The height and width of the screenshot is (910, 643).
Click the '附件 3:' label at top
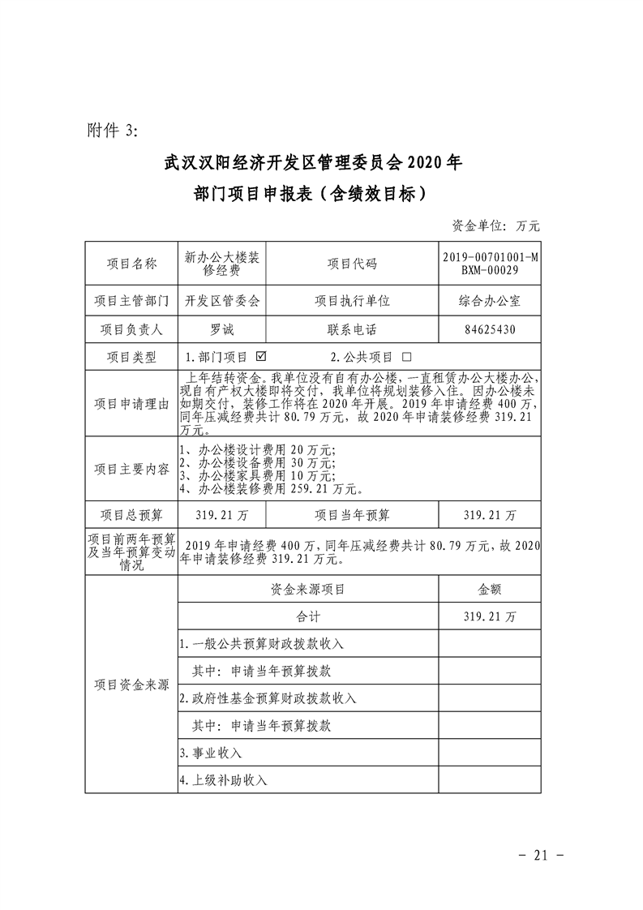tap(113, 131)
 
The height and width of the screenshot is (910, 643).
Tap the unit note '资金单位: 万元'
tap(495, 225)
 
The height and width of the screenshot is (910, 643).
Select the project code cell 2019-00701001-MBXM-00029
tap(489, 264)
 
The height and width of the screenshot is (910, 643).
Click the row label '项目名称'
tap(131, 264)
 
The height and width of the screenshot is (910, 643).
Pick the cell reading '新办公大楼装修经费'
tap(222, 264)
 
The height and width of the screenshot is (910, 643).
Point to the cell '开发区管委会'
tap(222, 301)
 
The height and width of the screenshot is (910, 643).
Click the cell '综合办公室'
tap(489, 301)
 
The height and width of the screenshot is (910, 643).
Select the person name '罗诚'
tap(222, 329)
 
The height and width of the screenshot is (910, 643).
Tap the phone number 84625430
tap(489, 329)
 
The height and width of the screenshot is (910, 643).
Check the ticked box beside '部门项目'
tap(261, 356)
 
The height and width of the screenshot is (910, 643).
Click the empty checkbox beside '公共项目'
tap(406, 356)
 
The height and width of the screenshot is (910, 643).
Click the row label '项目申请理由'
tap(131, 404)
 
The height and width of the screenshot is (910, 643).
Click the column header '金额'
tap(489, 590)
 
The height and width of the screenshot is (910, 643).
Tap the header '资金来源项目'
tap(308, 590)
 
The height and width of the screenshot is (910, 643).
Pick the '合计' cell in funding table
tap(308, 617)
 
